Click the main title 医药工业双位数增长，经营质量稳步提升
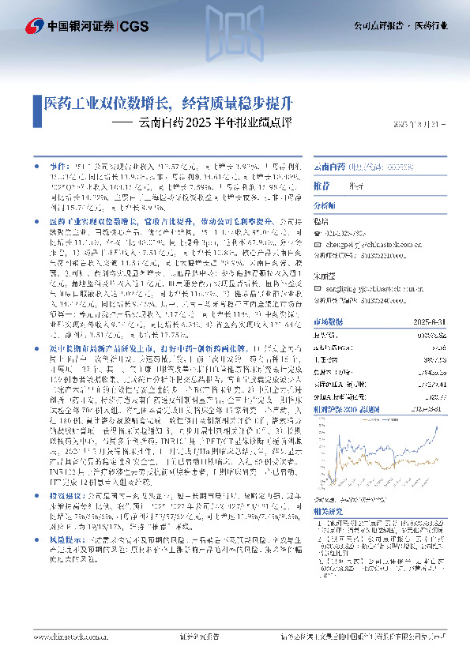[158, 103]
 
